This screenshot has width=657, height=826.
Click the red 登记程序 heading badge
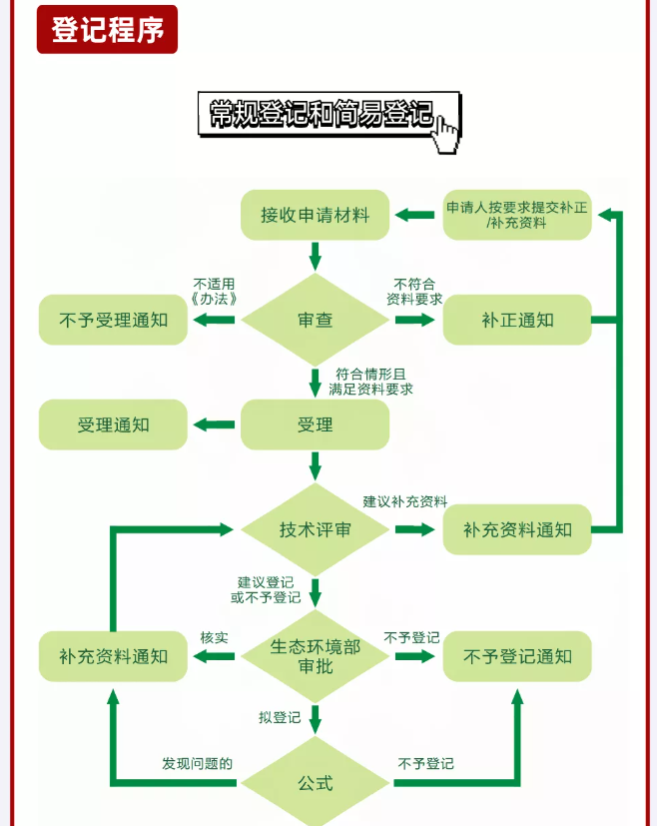coord(107,30)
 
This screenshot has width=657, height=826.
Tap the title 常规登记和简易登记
coord(322,114)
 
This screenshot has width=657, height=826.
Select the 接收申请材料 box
coord(316,215)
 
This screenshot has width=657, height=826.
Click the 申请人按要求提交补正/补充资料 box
coord(517,215)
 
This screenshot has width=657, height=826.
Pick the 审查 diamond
coord(316,320)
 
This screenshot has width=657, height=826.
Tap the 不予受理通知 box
coord(113,321)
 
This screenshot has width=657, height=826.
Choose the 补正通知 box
coord(517,321)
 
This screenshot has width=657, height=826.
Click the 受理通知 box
coord(113,424)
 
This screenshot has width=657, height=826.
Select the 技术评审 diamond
coord(316,529)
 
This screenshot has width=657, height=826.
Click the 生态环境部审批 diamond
coord(316,656)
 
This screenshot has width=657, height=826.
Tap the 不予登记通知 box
coord(517,656)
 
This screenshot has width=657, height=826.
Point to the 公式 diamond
coord(316,783)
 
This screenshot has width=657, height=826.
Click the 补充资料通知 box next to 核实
coord(113,656)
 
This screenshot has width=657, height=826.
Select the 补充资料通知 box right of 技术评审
coord(517,529)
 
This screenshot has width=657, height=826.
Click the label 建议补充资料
coord(404,500)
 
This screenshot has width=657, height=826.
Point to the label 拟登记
coord(280,717)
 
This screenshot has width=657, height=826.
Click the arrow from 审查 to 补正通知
coord(415,321)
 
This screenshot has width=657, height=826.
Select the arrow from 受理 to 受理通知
coord(214,424)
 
